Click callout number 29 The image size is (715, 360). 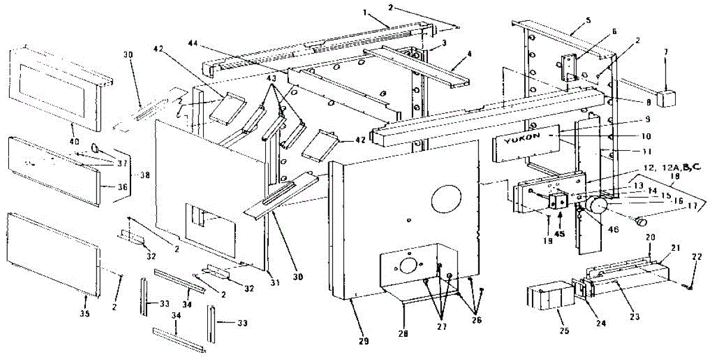tap(364, 342)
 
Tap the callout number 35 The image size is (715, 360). tap(85, 314)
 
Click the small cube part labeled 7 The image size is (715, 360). tap(667, 97)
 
